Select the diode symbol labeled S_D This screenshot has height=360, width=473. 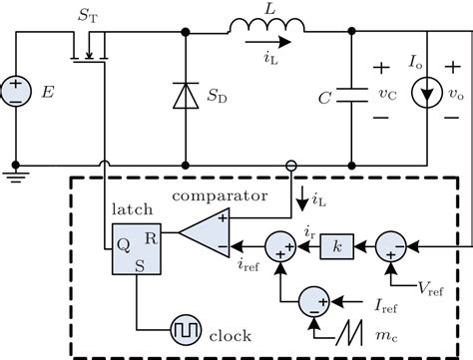click(186, 98)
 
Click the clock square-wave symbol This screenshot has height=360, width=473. click(187, 325)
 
